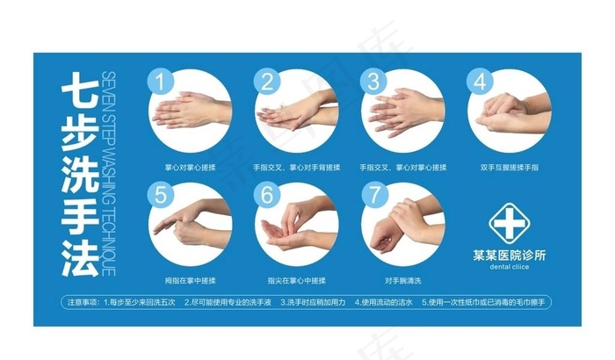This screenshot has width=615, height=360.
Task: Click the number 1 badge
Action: [x=160, y=82]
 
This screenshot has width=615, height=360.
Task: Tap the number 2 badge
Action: [x=265, y=82]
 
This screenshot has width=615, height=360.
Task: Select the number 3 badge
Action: [x=373, y=82]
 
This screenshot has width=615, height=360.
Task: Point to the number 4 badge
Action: [x=479, y=82]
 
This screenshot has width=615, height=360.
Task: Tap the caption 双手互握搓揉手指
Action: [x=509, y=166]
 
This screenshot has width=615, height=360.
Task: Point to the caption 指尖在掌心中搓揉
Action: [x=296, y=279]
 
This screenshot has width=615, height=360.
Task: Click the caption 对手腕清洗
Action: [x=403, y=279]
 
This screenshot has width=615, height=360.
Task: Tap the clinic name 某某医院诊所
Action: [x=509, y=255]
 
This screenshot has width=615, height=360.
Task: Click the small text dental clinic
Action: [x=509, y=266]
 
